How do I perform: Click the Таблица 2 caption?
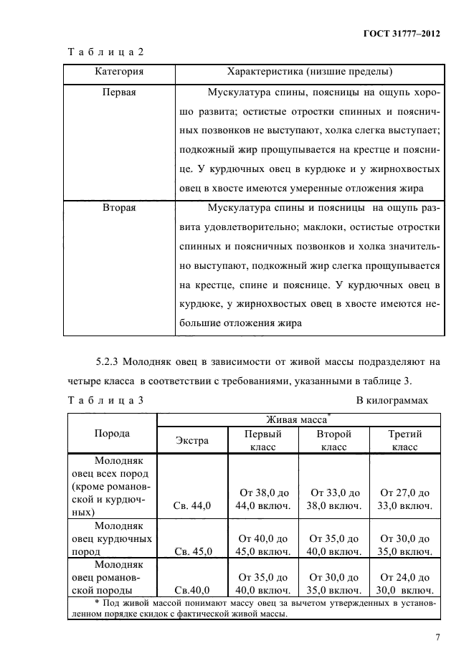pos(106,52)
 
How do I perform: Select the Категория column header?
pos(119,72)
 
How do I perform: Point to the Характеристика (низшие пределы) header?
pos(309,72)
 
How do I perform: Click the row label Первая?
pos(119,92)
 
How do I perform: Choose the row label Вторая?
pos(119,208)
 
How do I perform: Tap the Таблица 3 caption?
pos(106,400)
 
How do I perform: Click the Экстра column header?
pos(192,440)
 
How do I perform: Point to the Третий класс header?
pos(404,440)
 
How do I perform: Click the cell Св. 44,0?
pos(192,505)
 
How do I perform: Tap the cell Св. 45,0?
pos(192,551)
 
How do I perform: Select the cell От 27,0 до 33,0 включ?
pos(404,499)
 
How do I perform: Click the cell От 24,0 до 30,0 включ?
pos(404,584)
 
